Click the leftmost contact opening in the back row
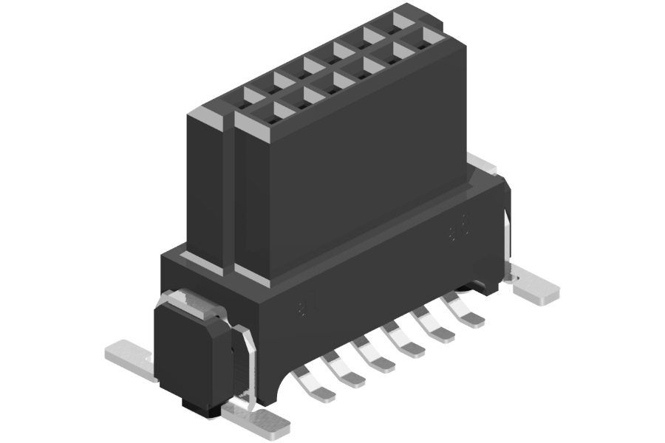click(x=251, y=95)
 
